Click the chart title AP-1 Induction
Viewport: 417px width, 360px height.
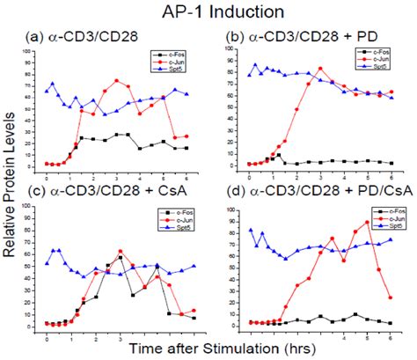tap(208, 12)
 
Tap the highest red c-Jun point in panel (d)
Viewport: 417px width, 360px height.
tap(367, 222)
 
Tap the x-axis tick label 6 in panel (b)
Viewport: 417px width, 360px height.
tap(390, 175)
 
